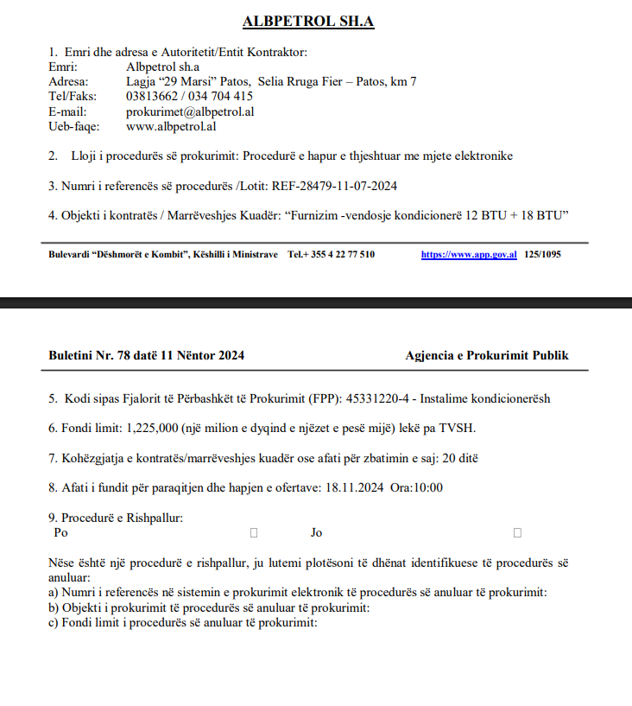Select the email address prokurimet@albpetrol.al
190,111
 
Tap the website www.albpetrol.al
170,126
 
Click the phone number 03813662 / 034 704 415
189,97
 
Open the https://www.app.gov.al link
469,255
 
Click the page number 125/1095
542,255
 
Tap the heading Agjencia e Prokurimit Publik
487,355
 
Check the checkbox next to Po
254,533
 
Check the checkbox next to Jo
517,533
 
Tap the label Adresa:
69,82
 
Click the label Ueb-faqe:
74,126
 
